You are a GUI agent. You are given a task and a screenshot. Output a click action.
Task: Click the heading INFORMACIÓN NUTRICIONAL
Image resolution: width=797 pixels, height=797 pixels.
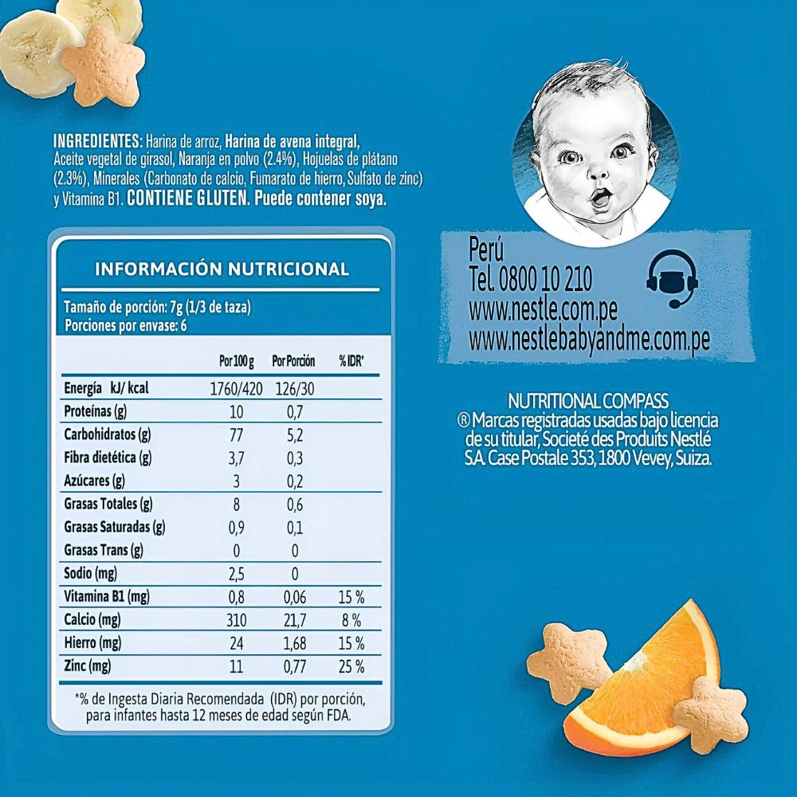coord(222,269)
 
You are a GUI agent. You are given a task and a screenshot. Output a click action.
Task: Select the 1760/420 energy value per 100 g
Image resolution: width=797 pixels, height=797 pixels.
coord(236,389)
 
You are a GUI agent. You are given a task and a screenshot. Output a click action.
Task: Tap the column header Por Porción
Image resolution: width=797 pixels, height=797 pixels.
coord(293,361)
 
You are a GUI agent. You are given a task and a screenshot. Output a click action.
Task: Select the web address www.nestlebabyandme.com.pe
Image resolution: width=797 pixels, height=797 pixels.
coord(589,340)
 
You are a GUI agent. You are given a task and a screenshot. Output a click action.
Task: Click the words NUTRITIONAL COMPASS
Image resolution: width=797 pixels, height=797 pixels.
coord(588,401)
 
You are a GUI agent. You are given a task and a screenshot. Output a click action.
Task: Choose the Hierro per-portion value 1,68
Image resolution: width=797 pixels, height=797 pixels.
coord(294,643)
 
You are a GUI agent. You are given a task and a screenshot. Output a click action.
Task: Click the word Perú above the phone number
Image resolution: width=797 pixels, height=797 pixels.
coord(487,249)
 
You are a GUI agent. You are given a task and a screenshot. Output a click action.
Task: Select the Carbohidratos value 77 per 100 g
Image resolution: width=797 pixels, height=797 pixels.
coord(236,435)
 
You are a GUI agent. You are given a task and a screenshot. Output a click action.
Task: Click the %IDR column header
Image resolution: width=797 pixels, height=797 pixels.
coord(351,361)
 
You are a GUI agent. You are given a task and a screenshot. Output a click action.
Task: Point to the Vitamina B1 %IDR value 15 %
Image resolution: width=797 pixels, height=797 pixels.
coord(351,597)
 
